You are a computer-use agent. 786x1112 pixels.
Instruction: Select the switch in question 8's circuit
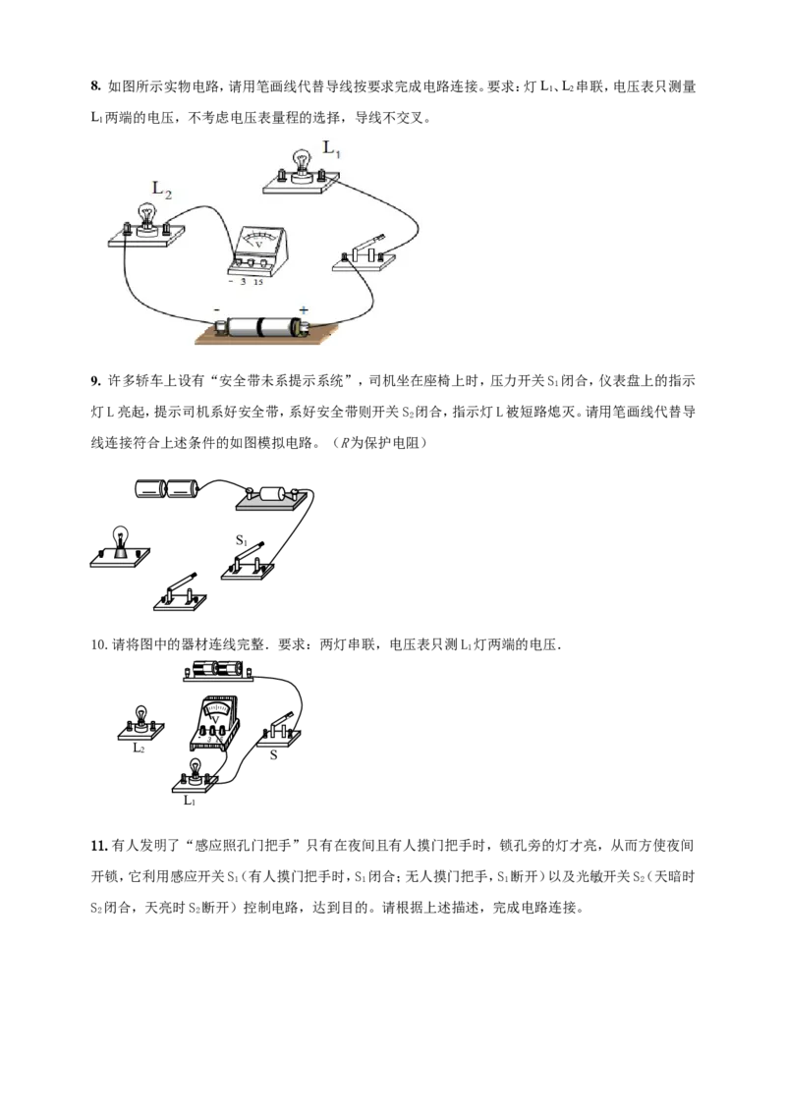coord(364,254)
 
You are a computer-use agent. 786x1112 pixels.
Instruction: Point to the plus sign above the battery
coord(304,309)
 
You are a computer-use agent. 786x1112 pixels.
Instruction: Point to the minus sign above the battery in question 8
coord(216,309)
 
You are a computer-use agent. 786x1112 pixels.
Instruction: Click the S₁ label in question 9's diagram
coord(242,540)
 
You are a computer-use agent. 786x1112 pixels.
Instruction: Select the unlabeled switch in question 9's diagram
coord(180,592)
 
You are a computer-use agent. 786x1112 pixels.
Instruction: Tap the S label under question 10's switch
coord(274,755)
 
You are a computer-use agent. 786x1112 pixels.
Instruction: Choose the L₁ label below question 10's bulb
coord(190,801)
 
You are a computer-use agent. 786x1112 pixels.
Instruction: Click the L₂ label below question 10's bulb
coord(139,749)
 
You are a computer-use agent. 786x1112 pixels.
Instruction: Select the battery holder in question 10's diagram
coord(218,670)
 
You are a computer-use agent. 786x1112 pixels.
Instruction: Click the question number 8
coord(95,86)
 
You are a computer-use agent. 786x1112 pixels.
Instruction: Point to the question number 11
coord(98,846)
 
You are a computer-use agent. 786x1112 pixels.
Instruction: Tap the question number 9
coord(95,381)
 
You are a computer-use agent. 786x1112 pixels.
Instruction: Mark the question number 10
coord(98,644)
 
